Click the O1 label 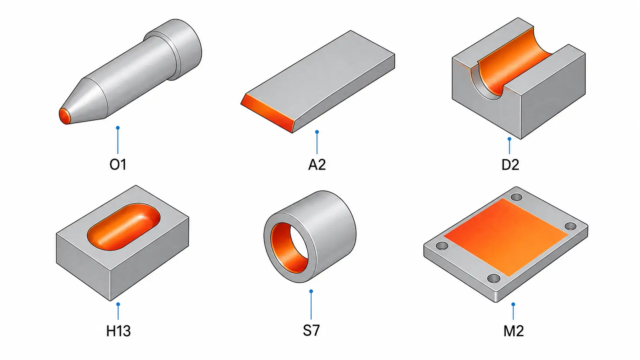118,165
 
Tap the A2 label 317,165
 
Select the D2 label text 510,165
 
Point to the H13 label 118,331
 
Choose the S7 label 311,331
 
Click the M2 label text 513,331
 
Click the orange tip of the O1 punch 65,116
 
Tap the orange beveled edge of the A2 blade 268,113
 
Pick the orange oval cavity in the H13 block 123,227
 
